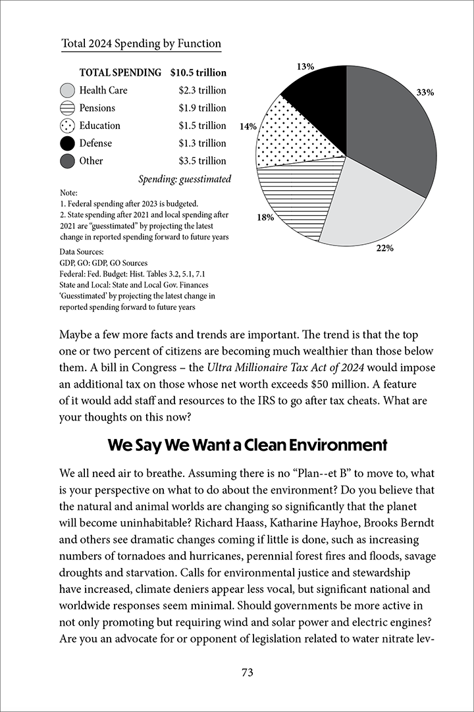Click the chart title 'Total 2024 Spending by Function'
click(x=141, y=44)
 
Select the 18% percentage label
click(x=265, y=218)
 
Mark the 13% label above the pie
click(x=305, y=66)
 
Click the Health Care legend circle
click(x=67, y=91)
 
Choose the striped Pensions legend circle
click(x=67, y=109)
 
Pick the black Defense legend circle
click(x=67, y=143)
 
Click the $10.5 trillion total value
click(x=197, y=73)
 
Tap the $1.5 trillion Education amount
click(x=202, y=126)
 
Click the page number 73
click(x=247, y=672)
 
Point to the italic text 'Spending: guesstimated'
click(x=184, y=179)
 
